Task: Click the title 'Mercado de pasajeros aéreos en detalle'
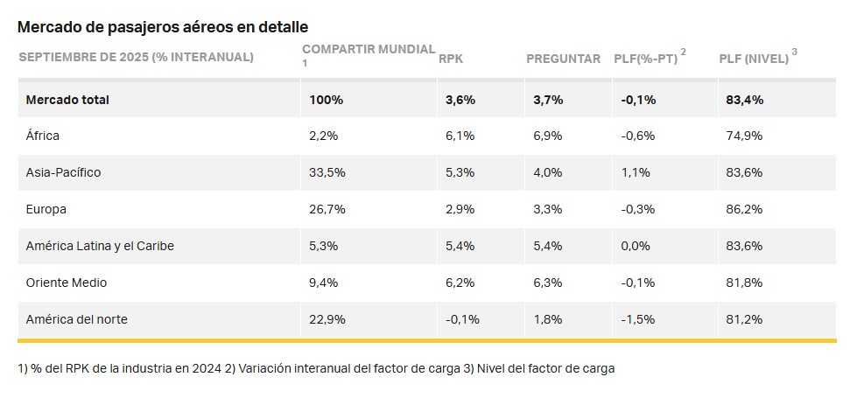coord(163,27)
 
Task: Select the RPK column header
coord(451,59)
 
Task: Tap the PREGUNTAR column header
coord(563,59)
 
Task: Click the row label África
coord(43,136)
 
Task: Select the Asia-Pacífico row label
coord(63,172)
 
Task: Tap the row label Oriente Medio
coord(67,283)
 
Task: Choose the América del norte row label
coord(76,319)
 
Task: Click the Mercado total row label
coord(67,100)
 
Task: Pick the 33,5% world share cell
coord(327,172)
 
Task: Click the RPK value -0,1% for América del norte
coord(462,319)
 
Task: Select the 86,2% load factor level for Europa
coord(744,209)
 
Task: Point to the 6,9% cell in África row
coord(548,136)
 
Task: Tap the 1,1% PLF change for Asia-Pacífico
coord(636,172)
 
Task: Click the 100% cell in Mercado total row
coord(327,100)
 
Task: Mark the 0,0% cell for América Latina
coord(636,246)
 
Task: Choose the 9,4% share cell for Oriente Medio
coord(324,283)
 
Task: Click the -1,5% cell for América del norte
coord(638,319)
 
